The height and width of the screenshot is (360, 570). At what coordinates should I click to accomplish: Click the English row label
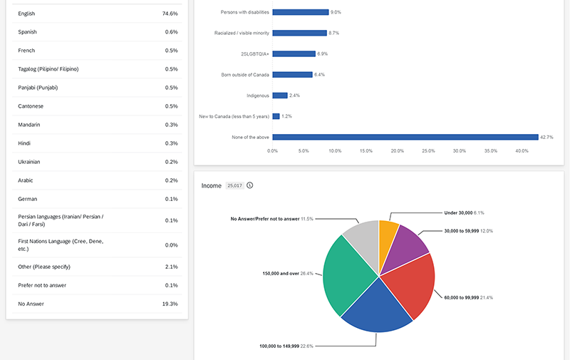[x=26, y=14]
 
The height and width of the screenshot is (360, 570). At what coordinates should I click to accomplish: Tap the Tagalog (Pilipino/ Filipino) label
[x=48, y=69]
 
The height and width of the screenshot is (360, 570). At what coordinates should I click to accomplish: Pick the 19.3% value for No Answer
[x=170, y=303]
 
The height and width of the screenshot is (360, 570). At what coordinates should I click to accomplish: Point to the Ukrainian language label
[x=29, y=162]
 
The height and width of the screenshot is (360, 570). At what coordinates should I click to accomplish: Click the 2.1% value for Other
[x=171, y=266]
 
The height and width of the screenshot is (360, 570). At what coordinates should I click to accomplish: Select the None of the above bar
[x=405, y=137]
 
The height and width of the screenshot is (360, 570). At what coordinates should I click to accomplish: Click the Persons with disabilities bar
[x=300, y=12]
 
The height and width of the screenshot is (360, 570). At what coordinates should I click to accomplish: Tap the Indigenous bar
[x=280, y=95]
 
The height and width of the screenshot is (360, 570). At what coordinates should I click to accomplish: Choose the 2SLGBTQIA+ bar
[x=294, y=53]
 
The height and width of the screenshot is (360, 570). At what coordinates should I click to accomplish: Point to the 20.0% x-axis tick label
[x=398, y=151]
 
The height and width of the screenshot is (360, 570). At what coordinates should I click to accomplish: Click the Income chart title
[x=212, y=185]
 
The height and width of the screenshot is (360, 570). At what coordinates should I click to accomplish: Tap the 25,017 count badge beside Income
[x=234, y=185]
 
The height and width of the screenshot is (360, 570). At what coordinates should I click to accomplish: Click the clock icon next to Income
[x=250, y=185]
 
